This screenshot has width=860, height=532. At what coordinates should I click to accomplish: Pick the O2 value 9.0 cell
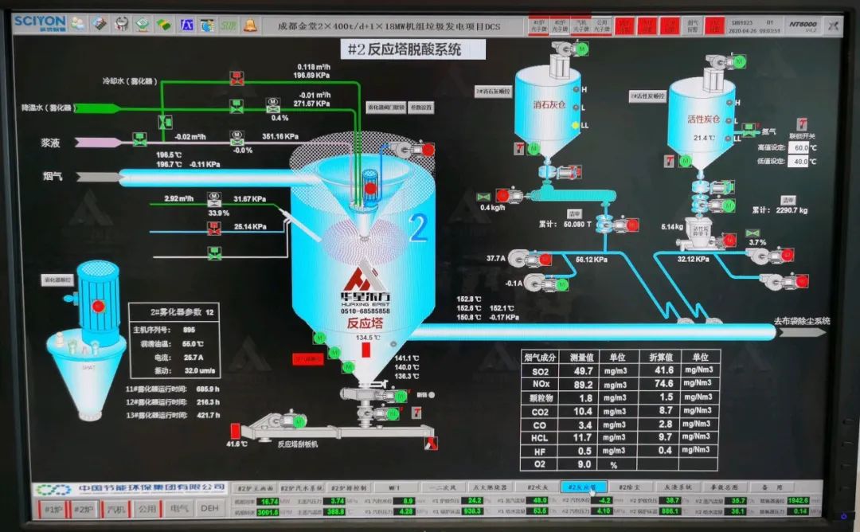pyautogui.click(x=584, y=464)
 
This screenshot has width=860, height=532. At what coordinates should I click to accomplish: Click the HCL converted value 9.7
pyautogui.click(x=666, y=437)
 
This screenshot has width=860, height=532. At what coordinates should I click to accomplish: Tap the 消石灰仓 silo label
pyautogui.click(x=549, y=104)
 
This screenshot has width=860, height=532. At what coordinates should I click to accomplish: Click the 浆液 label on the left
pyautogui.click(x=52, y=143)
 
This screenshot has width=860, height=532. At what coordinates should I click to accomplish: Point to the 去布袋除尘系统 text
pyautogui.click(x=802, y=321)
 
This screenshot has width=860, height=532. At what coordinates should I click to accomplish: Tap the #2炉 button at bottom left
pyautogui.click(x=82, y=508)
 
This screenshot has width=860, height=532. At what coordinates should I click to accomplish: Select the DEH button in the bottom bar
pyautogui.click(x=209, y=508)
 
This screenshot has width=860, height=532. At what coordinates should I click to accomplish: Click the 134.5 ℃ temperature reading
pyautogui.click(x=367, y=338)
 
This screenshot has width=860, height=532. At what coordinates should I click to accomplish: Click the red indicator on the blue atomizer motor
pyautogui.click(x=98, y=305)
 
